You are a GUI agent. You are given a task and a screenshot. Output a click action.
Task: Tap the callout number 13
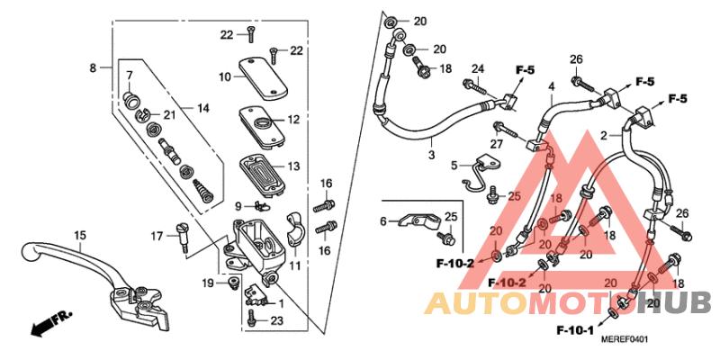pos(292,166)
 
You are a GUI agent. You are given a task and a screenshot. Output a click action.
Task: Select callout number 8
pos(92,67)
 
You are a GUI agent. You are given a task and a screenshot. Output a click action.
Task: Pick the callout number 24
pos(477,68)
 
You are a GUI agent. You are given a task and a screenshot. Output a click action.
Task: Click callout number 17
pos(156,237)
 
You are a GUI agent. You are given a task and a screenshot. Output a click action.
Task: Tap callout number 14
pos(203,109)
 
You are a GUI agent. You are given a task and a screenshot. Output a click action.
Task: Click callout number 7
pos(129,75)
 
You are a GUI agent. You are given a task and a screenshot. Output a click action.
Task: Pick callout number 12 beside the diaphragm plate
pos(292,120)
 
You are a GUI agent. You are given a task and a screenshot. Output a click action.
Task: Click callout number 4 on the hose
pos(552,86)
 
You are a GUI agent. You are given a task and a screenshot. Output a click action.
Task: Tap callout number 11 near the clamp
pos(293,266)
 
